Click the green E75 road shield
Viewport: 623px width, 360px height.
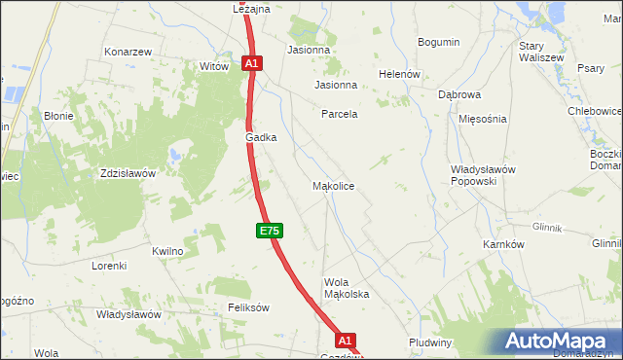271,231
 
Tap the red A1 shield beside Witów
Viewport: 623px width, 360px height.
251,63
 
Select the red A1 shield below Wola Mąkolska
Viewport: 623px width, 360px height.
346,341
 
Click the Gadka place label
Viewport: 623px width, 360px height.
261,138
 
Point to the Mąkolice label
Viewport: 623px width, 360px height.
332,185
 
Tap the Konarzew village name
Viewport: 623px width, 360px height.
128,52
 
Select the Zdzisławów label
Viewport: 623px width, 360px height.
128,173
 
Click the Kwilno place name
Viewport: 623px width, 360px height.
167,251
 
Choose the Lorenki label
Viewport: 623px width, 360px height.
109,266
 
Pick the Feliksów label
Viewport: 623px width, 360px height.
248,306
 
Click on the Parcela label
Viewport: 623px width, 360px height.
340,114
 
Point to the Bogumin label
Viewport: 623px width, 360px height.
438,42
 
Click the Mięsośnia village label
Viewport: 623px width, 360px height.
483,119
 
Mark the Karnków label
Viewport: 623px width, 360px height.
503,244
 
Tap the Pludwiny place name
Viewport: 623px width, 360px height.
431,342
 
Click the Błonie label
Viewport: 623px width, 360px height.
58,116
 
